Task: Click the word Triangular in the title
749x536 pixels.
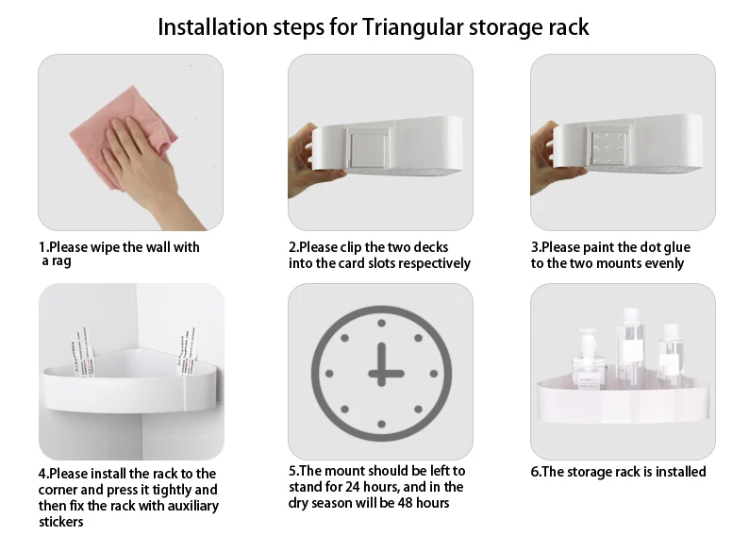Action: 412,27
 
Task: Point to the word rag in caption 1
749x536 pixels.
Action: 61,261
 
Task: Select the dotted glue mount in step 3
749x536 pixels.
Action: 608,146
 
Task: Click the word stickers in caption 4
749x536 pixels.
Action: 61,522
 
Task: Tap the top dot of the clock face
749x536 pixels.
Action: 381,324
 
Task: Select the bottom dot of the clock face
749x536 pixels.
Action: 381,424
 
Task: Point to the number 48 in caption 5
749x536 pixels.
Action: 405,503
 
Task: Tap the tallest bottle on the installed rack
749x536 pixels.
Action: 629,343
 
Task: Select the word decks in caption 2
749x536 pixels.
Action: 431,247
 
